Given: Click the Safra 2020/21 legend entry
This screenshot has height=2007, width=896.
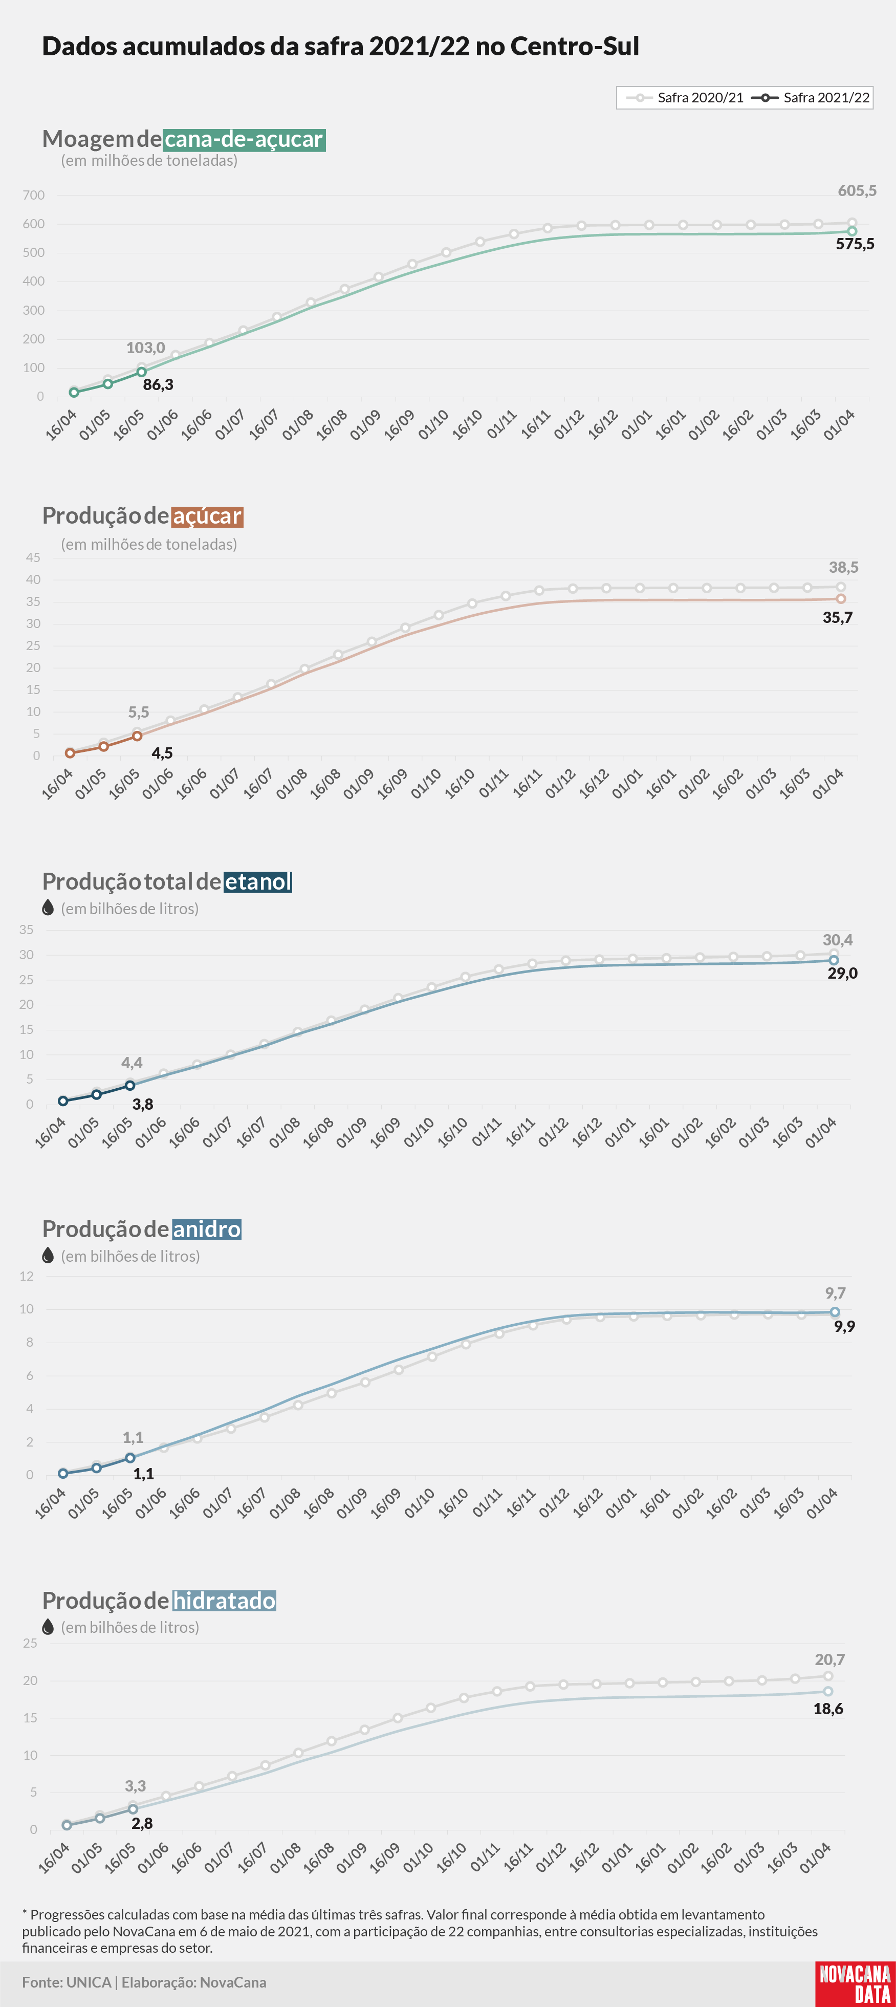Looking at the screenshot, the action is [685, 97].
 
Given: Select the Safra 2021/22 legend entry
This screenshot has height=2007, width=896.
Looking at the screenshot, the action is [811, 97].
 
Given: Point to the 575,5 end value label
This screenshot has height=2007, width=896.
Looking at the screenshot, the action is [855, 244].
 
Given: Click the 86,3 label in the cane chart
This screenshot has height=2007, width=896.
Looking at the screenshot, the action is [158, 384].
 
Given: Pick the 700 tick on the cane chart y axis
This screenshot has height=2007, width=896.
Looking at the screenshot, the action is [33, 196].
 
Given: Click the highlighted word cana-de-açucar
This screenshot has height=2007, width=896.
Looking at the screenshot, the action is [244, 139].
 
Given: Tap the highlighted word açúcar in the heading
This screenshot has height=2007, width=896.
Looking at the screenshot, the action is [207, 516].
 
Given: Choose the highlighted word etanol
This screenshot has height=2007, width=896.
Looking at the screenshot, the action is [258, 881].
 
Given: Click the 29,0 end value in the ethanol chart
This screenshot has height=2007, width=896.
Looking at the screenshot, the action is [842, 973].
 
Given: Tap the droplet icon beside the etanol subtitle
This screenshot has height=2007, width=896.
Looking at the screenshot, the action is [48, 908].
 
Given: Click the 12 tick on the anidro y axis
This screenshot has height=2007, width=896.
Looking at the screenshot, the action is [27, 1276].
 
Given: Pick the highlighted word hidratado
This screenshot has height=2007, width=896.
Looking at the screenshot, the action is [225, 1600].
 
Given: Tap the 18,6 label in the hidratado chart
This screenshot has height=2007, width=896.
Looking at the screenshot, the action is [828, 1709].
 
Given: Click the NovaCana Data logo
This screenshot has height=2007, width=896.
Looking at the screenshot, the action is [855, 1983].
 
